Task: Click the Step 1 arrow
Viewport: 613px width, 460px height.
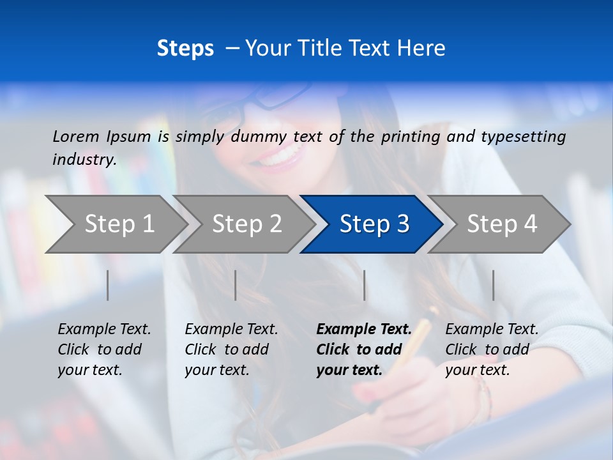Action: click(118, 224)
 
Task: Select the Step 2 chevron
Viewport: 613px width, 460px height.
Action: click(246, 224)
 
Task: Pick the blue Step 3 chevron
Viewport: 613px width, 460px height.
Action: click(374, 224)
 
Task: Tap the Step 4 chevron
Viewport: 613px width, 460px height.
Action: click(501, 224)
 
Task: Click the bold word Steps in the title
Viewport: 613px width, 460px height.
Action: click(185, 48)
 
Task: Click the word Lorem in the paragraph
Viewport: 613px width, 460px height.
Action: click(76, 136)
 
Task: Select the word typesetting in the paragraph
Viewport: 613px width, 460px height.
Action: click(523, 136)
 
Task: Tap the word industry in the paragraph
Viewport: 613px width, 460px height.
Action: click(84, 159)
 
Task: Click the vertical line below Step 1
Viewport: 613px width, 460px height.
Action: click(108, 285)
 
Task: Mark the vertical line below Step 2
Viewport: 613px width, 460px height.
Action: click(236, 285)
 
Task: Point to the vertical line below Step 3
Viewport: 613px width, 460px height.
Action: click(365, 285)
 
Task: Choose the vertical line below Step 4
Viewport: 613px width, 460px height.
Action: click(493, 285)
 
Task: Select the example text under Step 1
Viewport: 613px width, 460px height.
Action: click(104, 349)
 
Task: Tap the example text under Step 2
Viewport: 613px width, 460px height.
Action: click(231, 349)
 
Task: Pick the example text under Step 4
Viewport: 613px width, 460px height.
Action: click(492, 349)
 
